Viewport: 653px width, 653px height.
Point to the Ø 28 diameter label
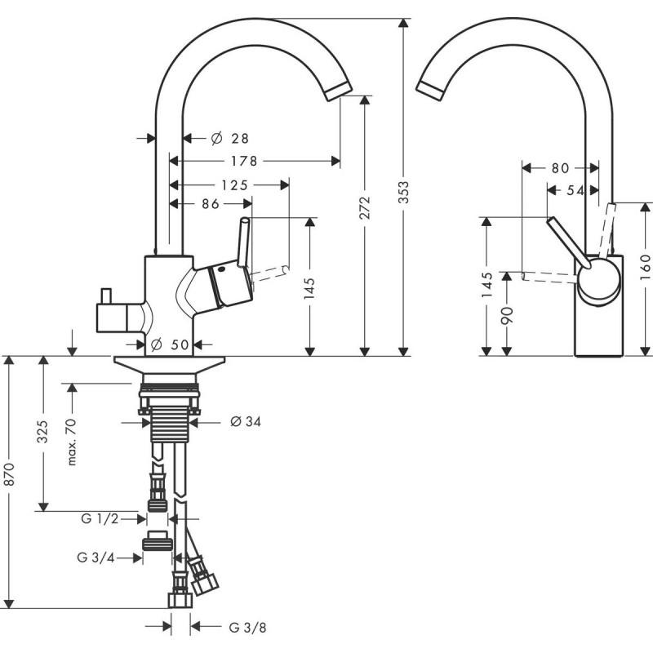(x=229, y=139)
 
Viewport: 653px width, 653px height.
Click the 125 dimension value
(x=234, y=185)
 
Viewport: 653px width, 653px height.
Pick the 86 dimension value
(x=211, y=205)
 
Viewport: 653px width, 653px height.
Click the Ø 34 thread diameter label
(x=245, y=422)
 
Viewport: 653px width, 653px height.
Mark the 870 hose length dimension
(x=10, y=482)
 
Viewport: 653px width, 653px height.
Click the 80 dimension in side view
(x=560, y=168)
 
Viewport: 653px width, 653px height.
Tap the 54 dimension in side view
(x=575, y=190)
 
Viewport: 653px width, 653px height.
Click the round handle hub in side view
(x=598, y=282)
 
